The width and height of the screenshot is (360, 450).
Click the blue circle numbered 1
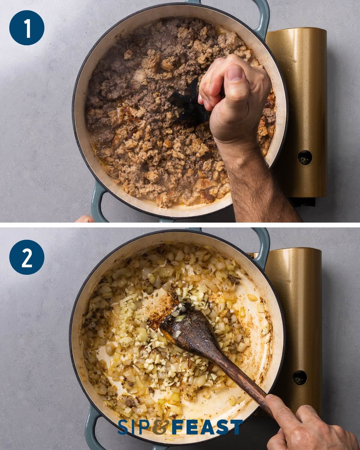click(27, 28)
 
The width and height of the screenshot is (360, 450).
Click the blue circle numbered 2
click(27, 257)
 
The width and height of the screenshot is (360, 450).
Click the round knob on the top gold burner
click(305, 157)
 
